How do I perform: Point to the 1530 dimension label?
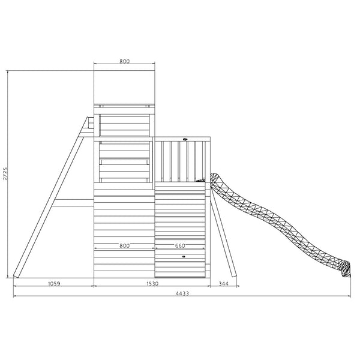(152, 283)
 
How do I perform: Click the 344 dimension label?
(223, 283)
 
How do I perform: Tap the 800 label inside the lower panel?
(125, 245)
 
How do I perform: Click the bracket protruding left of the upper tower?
(91, 123)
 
